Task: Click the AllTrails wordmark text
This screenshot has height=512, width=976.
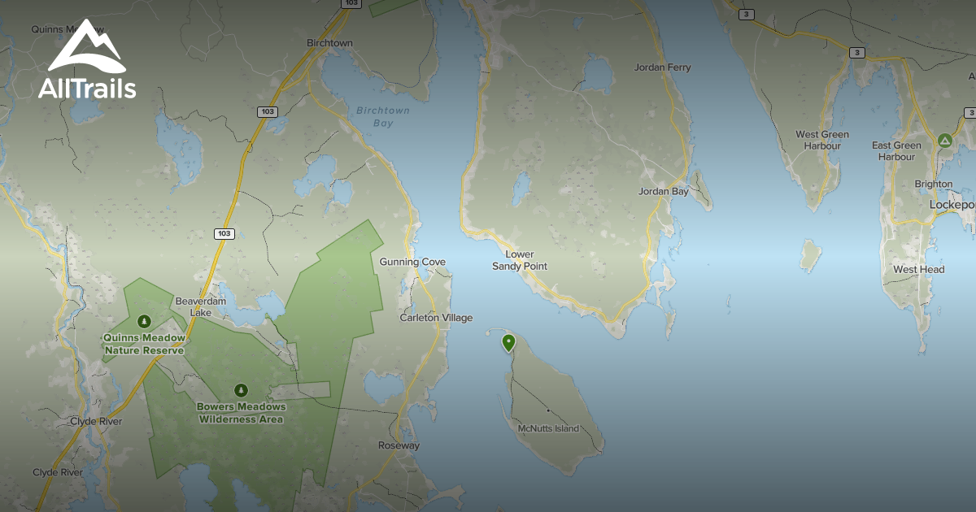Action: coord(87,88)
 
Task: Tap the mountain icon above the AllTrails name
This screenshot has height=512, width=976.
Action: coord(86,47)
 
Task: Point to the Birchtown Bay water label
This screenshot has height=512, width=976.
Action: coord(383,117)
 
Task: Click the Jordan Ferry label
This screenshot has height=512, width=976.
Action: coord(663,67)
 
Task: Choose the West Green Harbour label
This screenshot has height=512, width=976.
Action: coord(822,140)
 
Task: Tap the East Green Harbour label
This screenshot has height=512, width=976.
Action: coord(896,151)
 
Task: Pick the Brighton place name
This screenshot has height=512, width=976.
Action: coord(933,184)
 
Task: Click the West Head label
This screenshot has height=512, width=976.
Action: coord(918,269)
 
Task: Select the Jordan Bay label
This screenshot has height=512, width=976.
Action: coord(664,192)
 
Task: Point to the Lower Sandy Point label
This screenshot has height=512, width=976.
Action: coord(520,260)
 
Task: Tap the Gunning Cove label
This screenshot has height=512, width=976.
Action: coord(412,262)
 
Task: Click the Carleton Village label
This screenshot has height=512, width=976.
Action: coord(436,318)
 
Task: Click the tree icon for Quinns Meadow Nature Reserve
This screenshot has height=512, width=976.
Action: coord(145,321)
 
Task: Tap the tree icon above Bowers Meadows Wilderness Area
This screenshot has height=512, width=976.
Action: coord(240,390)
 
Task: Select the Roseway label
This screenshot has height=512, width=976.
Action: coord(399,445)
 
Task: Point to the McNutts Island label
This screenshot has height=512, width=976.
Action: coord(548,428)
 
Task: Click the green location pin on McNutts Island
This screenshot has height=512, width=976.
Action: coord(509,342)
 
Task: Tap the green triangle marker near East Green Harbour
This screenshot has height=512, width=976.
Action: coord(945,141)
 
